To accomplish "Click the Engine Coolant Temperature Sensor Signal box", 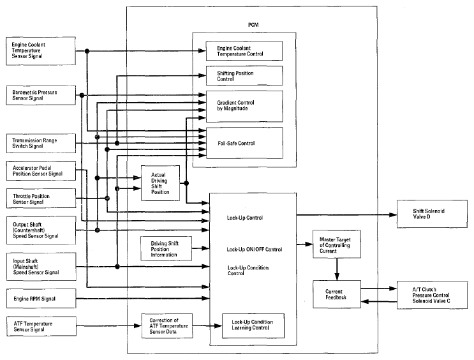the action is click(41, 51).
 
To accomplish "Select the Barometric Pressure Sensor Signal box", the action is click(41, 95).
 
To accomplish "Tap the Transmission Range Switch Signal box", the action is click(41, 144).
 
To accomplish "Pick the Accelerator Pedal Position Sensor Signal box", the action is click(41, 171).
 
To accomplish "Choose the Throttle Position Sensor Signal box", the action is click(41, 199).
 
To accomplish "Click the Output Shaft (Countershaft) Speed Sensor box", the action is click(41, 230).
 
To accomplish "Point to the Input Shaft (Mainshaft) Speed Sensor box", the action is click(41, 267).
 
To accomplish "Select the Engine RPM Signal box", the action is click(41, 299).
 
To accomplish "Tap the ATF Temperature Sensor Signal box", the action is click(41, 326).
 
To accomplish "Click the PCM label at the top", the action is click(253, 25).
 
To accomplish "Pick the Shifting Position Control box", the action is click(244, 75).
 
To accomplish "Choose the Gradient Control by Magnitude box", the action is click(244, 106).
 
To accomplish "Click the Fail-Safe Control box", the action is click(244, 143).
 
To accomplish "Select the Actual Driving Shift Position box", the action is click(160, 183).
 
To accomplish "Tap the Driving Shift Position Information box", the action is click(166, 249).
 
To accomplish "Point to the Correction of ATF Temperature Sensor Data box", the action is click(167, 326).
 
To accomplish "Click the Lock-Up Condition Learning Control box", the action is click(253, 326).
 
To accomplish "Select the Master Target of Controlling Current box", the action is click(336, 244).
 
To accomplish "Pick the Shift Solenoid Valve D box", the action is click(432, 214).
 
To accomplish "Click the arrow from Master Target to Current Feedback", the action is click(337, 269).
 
